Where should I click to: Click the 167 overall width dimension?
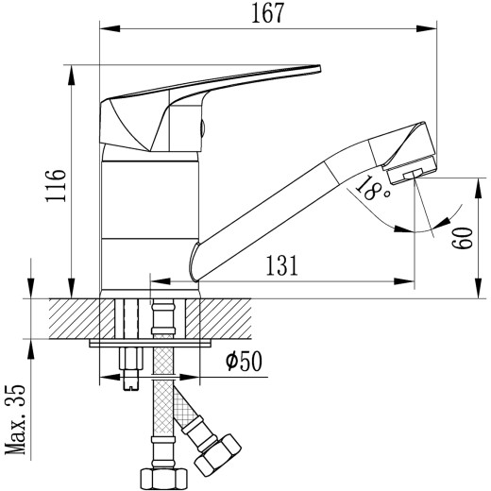tap(266, 14)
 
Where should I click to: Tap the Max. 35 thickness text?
tap(14, 419)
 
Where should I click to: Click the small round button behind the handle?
tap(200, 131)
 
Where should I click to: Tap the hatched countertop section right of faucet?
tap(231, 318)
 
